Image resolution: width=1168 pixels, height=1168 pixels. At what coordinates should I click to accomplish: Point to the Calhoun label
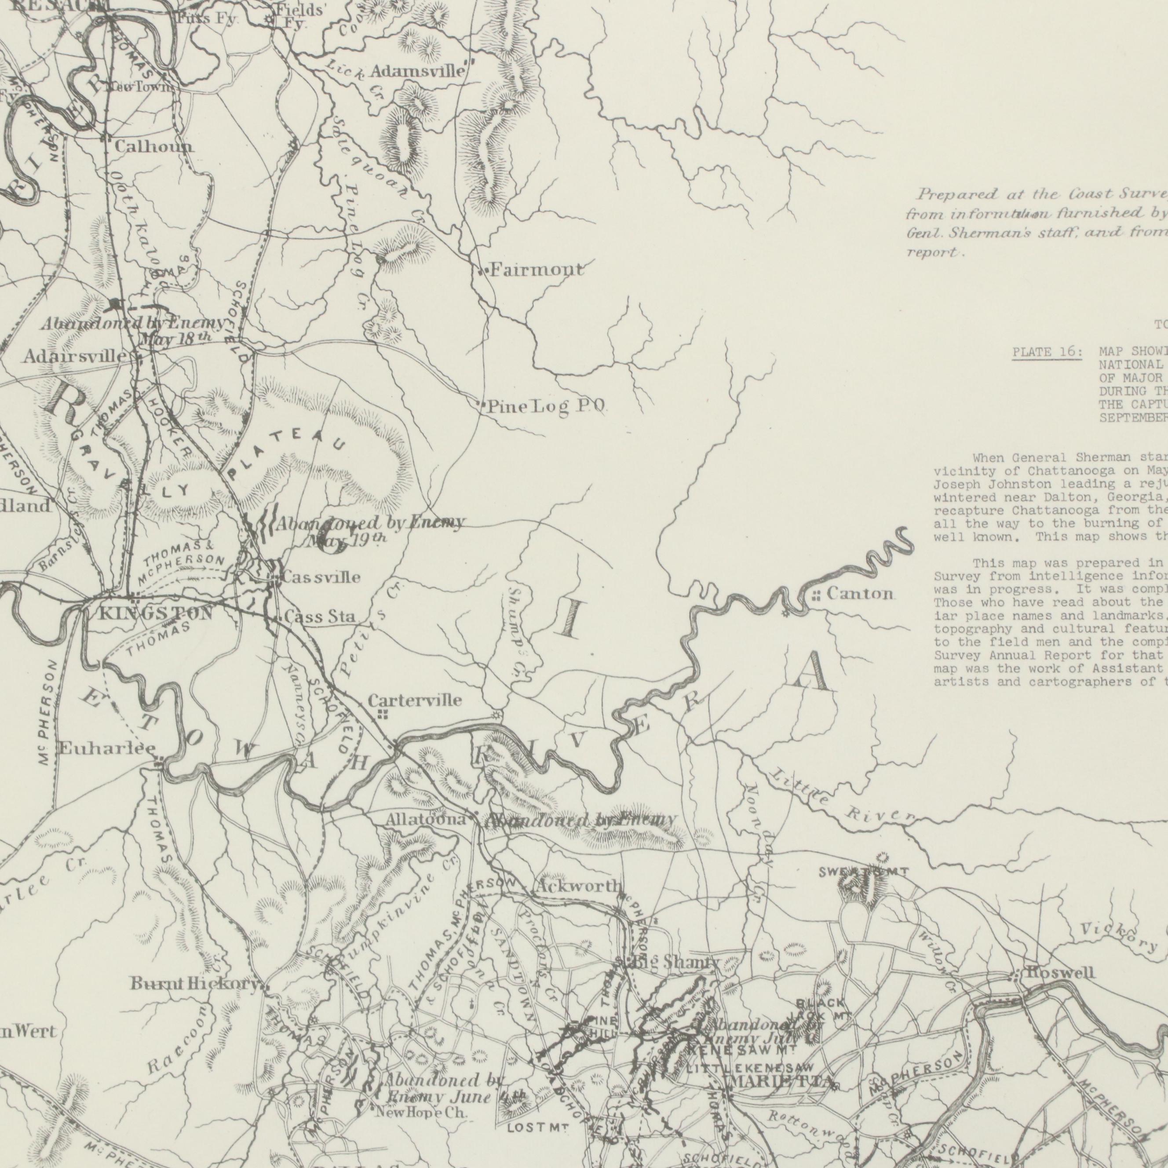click(x=154, y=146)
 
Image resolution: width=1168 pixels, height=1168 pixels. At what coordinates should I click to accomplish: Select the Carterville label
click(x=415, y=684)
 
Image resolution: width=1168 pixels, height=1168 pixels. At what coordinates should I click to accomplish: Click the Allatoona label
click(x=426, y=821)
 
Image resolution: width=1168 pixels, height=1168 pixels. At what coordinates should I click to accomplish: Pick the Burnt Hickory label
click(x=195, y=984)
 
